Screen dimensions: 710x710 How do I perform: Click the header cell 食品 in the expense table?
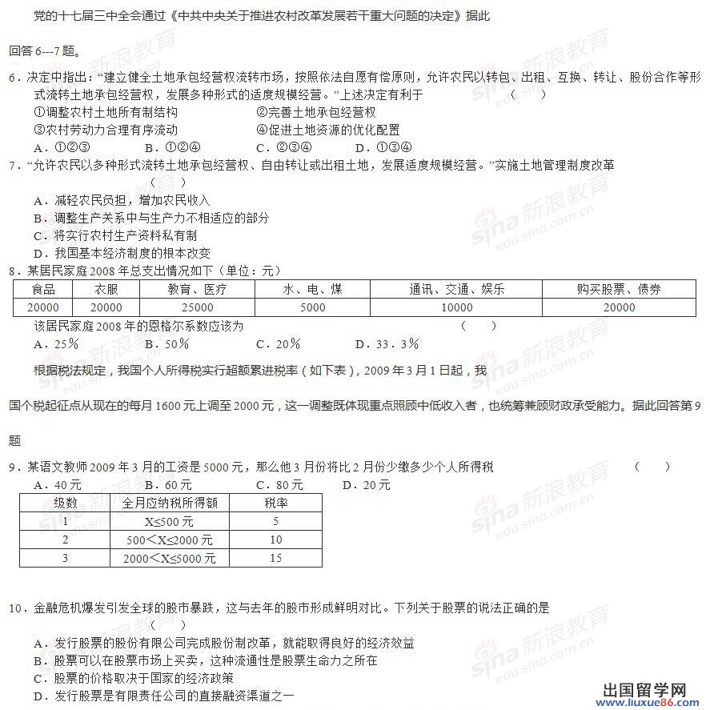(x=43, y=290)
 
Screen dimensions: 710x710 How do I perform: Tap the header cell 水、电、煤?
(x=312, y=290)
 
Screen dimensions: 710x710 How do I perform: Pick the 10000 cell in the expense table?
(x=456, y=307)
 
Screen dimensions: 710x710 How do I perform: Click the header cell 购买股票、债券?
(x=619, y=290)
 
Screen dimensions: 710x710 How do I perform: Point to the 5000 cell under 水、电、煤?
(x=312, y=307)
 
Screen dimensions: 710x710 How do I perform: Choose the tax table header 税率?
(x=275, y=503)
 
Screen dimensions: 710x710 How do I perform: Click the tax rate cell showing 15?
(x=275, y=558)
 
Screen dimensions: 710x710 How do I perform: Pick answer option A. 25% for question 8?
(x=56, y=344)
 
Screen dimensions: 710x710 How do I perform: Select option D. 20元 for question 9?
(x=366, y=485)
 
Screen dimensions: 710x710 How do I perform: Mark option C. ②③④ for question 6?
(x=283, y=147)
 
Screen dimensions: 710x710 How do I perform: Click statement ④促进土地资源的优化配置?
(x=327, y=130)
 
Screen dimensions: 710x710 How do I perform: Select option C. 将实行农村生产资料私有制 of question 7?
(x=115, y=235)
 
